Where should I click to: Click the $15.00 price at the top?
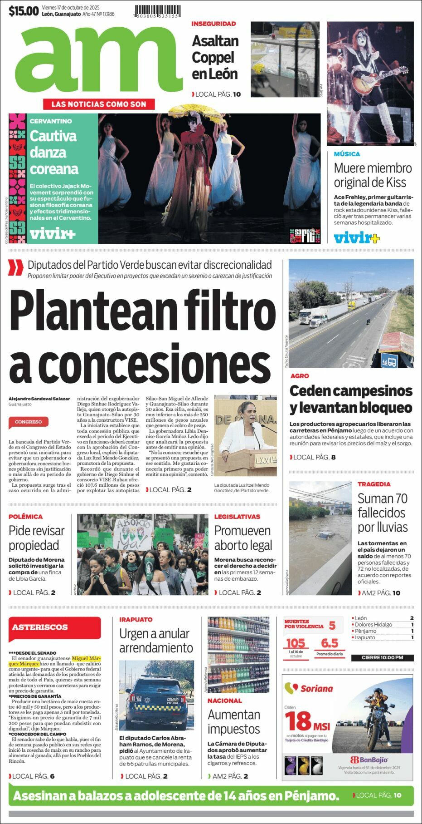click(24, 11)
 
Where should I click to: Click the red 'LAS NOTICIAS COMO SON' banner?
click(99, 104)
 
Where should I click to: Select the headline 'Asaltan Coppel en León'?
click(215, 57)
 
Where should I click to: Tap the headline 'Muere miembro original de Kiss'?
click(373, 175)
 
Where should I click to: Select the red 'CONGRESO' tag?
click(28, 422)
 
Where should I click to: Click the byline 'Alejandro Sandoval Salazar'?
click(39, 399)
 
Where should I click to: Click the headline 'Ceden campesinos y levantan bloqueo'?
click(351, 399)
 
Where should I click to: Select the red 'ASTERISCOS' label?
click(40, 627)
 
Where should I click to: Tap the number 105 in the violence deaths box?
click(295, 643)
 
